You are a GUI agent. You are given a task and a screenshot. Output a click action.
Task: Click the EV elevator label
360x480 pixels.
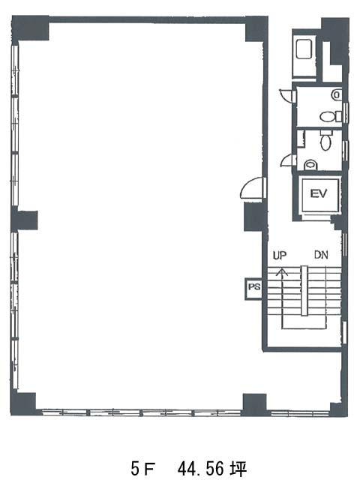[x=318, y=193]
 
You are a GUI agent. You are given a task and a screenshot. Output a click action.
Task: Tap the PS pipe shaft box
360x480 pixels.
[x=253, y=289]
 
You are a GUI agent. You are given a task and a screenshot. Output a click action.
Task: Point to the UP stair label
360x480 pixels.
[x=280, y=256]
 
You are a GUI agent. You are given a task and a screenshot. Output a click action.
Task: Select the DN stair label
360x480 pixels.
[x=321, y=255]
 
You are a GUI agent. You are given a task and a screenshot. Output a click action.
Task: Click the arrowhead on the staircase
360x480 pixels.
[x=282, y=271]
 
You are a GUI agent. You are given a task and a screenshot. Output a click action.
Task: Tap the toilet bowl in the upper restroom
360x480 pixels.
[x=327, y=116]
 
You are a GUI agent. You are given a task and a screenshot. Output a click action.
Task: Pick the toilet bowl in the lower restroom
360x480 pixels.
[x=325, y=142]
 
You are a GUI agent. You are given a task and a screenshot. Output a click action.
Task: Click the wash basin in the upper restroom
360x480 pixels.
[x=337, y=94]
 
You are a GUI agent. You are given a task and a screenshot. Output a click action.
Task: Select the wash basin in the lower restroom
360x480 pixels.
[x=310, y=165]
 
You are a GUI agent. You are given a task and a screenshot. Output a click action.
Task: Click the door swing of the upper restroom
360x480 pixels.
[x=286, y=94]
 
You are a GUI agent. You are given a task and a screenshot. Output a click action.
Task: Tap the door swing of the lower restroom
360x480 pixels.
[x=288, y=160]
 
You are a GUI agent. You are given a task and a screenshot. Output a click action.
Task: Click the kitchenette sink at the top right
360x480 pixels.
[x=304, y=48]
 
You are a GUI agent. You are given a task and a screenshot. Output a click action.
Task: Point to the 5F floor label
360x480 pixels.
[x=142, y=468]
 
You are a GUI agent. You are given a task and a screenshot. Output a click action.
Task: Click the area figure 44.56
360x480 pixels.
[x=203, y=468]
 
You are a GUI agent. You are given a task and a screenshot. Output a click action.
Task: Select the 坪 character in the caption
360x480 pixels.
[x=239, y=468]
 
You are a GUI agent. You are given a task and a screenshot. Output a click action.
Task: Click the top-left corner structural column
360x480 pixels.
[x=30, y=28]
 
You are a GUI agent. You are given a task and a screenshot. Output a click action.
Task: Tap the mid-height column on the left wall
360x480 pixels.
[x=25, y=220]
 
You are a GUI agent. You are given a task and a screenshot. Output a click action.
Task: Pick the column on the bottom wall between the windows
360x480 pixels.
[x=255, y=404]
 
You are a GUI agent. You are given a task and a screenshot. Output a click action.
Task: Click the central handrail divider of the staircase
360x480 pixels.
[x=304, y=290]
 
